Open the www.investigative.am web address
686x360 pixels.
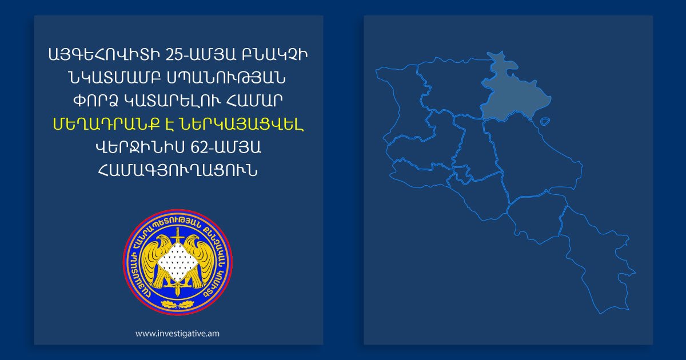tap(177, 333)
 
